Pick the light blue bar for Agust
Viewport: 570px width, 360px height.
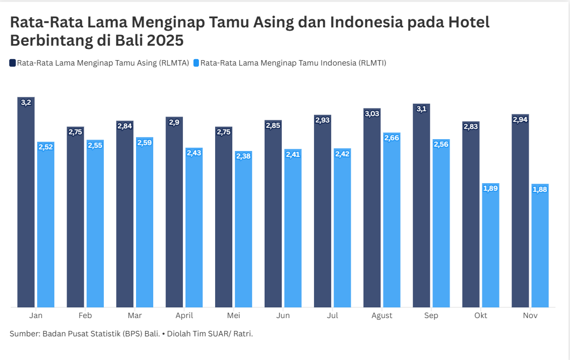click(392, 220)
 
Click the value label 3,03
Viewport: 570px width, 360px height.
click(372, 113)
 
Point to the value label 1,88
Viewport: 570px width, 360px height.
click(540, 189)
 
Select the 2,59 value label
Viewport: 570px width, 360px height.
click(145, 142)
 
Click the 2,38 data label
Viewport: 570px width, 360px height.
click(244, 156)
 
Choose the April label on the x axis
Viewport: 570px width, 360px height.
click(184, 315)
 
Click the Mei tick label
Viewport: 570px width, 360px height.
click(233, 315)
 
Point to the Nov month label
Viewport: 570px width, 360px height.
click(530, 315)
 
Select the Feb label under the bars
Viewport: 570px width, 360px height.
click(85, 315)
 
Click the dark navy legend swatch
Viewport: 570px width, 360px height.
click(13, 63)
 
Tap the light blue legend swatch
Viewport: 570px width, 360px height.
click(196, 63)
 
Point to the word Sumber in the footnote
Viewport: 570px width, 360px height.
click(24, 334)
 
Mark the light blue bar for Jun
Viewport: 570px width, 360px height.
click(293, 228)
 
